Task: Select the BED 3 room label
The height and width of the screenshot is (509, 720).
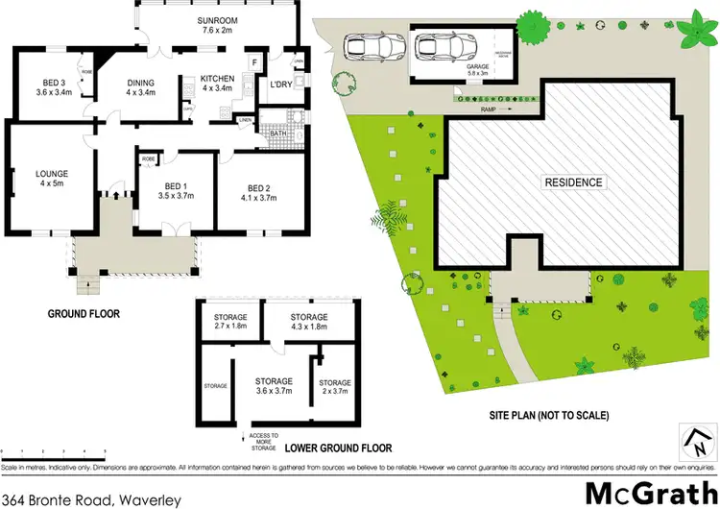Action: tap(36, 85)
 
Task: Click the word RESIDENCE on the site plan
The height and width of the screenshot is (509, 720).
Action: tap(573, 182)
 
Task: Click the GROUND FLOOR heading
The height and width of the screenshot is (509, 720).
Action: tap(88, 313)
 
